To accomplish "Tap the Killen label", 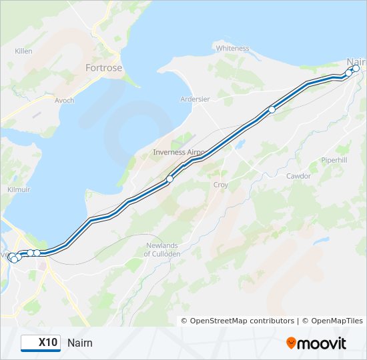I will coord(23,51).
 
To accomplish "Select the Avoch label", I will coord(64,101).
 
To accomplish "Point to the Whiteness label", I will coord(232,48).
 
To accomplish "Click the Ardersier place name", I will coord(195,99).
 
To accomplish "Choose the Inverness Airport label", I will coord(179,152).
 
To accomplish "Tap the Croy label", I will coord(220,185).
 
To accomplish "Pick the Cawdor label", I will coord(298,176).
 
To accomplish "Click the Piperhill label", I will coord(334,161).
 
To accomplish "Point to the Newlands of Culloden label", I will coord(163,250).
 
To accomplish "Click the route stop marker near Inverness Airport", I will coord(170,179).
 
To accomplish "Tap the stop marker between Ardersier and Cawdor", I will coord(272,110).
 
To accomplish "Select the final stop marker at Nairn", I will coord(356,68).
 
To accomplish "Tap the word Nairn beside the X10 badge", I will coord(80,343).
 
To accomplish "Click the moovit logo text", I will coord(322,343).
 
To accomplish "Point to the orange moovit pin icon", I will coord(292,343).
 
